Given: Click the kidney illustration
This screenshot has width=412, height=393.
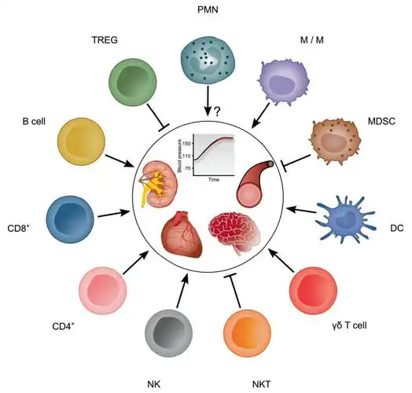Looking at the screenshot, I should click(160, 180).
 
